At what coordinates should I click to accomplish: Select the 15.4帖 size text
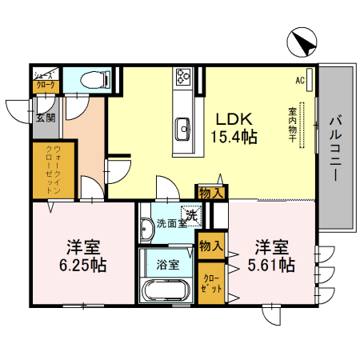(x=233, y=136)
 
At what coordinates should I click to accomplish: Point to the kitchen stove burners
(x=183, y=78)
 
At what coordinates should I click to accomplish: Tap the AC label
(x=300, y=80)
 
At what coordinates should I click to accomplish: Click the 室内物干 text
(x=294, y=126)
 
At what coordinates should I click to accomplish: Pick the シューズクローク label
(x=45, y=80)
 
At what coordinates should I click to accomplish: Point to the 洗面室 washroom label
(x=170, y=223)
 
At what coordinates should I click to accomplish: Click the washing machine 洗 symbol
(x=190, y=214)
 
